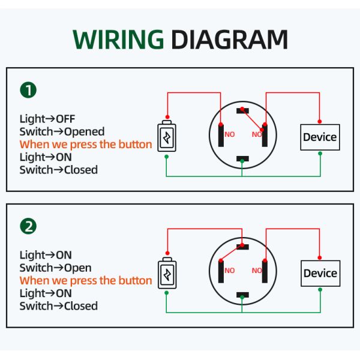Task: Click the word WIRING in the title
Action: coord(118,40)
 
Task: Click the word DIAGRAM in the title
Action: coord(229,40)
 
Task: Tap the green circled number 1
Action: coord(28,91)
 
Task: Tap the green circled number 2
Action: coord(28,226)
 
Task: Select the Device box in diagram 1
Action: coord(320,137)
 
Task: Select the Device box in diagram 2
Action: coord(320,274)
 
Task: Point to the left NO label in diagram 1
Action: coord(230,134)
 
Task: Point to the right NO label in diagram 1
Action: coord(257,134)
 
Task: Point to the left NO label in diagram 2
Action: coord(230,271)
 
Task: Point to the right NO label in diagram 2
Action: coord(257,271)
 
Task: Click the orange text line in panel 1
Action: coord(86,145)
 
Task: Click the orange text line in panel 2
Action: coord(86,281)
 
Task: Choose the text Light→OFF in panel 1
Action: coord(47,119)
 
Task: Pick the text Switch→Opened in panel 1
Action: coord(62,131)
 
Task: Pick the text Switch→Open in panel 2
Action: coord(55,268)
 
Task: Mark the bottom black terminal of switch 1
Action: coord(242,159)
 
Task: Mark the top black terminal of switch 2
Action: coord(242,247)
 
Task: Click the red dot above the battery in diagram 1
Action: coord(167,117)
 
